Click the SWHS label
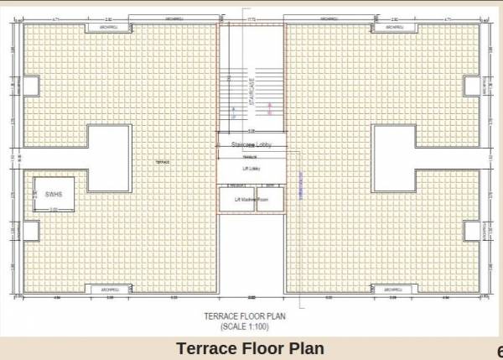tap(54, 194)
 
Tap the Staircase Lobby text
tap(251, 145)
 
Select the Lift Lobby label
tap(251, 169)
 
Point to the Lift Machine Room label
tap(251, 199)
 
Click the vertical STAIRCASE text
tap(251, 91)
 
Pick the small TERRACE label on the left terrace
tap(163, 161)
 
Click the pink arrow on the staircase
tap(269, 107)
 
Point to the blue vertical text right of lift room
tap(299, 183)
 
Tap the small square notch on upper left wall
tap(29, 86)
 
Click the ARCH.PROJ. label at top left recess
tap(110, 29)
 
